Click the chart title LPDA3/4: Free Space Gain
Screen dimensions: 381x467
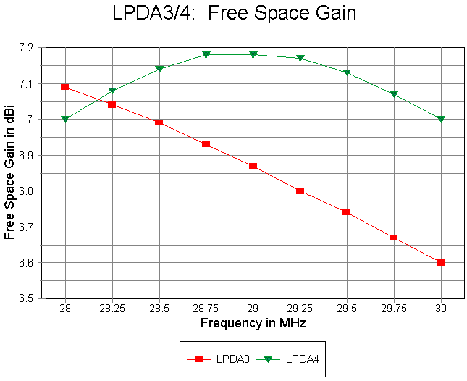tap(234, 13)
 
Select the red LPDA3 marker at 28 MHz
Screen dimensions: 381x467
tap(65, 87)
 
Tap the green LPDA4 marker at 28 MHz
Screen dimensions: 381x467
tap(65, 119)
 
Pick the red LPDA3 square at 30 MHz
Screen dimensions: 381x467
tap(441, 262)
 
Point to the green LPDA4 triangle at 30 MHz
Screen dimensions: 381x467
tap(441, 119)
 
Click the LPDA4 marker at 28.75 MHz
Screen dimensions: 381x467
tap(206, 54)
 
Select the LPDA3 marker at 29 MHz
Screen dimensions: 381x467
tap(253, 166)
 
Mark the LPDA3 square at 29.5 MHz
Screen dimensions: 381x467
tap(347, 212)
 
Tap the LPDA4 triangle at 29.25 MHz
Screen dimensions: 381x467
tap(300, 58)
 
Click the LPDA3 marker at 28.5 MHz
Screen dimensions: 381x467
tap(159, 122)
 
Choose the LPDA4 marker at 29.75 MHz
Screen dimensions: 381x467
tap(394, 94)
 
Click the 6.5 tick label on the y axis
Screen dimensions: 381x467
tap(27, 298)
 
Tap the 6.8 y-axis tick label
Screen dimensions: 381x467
tap(27, 191)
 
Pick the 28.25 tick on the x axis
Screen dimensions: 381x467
tap(112, 309)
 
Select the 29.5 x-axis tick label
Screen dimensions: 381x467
tap(347, 309)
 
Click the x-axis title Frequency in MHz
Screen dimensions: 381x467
tap(253, 323)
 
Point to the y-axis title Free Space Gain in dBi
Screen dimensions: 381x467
tap(9, 172)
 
